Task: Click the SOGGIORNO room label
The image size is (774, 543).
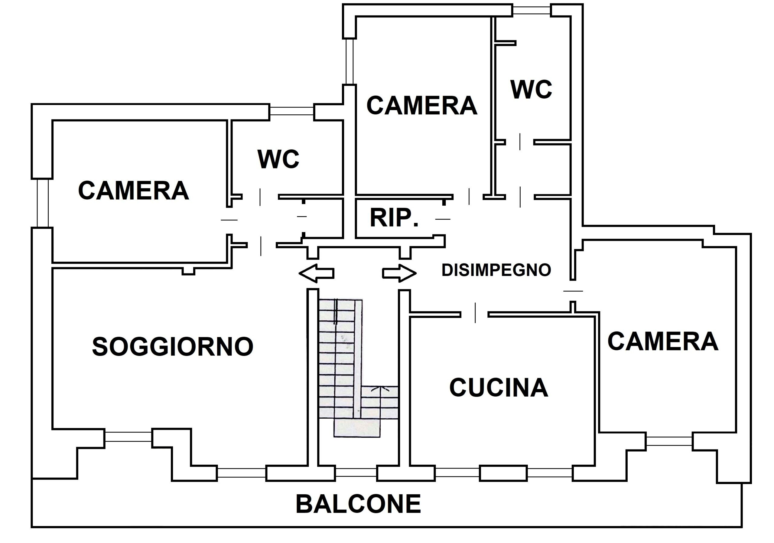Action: [x=173, y=347]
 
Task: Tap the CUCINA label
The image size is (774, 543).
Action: [x=499, y=388]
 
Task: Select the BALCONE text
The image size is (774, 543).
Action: [x=358, y=504]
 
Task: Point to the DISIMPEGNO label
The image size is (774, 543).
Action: [x=496, y=270]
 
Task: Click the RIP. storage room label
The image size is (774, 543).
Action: [x=394, y=218]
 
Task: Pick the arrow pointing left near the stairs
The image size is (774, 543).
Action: [x=316, y=273]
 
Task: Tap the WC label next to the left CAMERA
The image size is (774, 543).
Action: [x=278, y=159]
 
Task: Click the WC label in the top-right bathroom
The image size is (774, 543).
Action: [x=531, y=90]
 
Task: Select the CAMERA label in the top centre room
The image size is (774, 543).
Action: [x=422, y=106]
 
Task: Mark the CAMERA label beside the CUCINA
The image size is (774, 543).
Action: [x=663, y=341]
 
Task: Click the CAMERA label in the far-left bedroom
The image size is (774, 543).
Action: [x=134, y=191]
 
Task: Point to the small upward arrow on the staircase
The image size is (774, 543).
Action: [x=380, y=390]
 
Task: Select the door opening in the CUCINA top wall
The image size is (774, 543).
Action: [x=474, y=314]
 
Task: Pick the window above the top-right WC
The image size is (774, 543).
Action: [x=532, y=10]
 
